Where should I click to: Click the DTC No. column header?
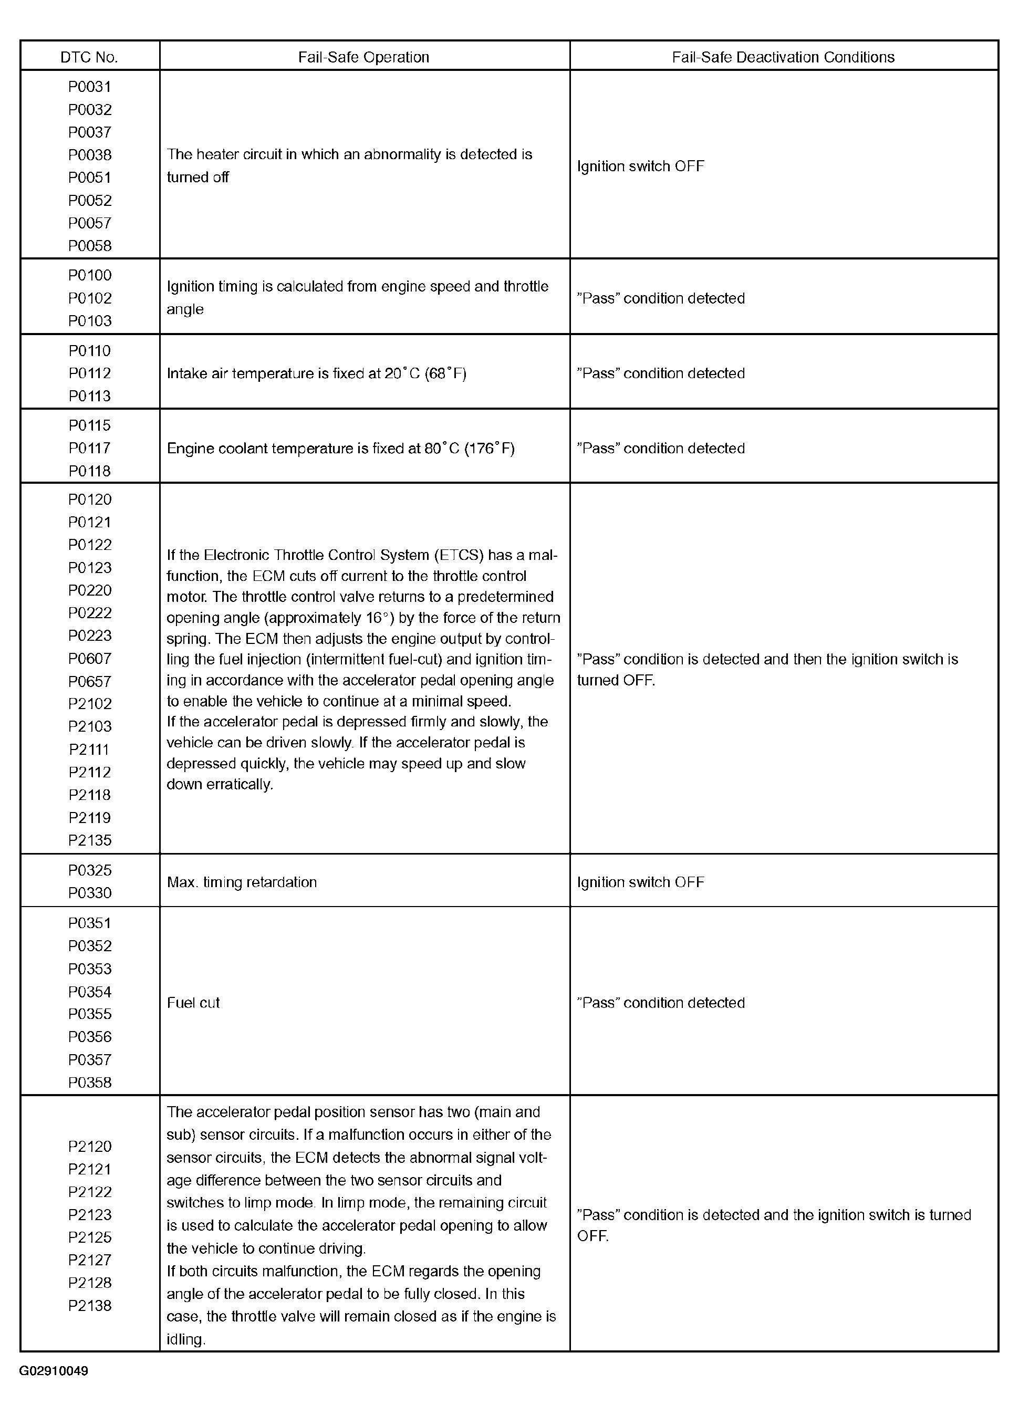click(89, 57)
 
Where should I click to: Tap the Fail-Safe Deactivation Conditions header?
click(783, 57)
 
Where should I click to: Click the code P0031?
click(90, 87)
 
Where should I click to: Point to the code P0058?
click(90, 246)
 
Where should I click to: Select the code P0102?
click(90, 298)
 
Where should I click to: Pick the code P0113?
click(90, 396)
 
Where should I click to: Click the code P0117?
click(90, 448)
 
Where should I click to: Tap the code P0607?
click(90, 658)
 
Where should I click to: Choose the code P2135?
click(90, 840)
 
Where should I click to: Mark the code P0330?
click(90, 893)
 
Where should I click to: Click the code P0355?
click(90, 1014)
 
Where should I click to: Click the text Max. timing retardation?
click(242, 882)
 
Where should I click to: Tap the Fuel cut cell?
click(193, 1003)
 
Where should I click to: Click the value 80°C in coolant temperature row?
click(442, 449)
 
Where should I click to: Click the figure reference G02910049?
click(54, 1371)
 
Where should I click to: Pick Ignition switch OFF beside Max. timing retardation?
click(640, 882)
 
